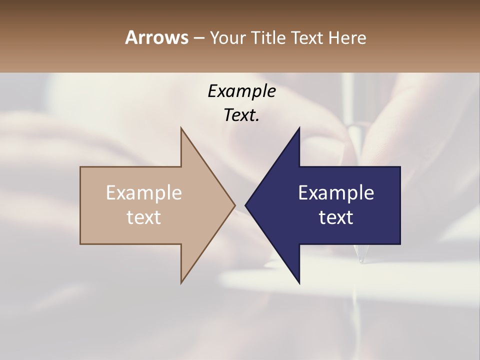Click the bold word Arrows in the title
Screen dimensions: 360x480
[156, 37]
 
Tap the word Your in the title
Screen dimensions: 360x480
[226, 38]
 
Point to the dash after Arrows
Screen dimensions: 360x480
[198, 38]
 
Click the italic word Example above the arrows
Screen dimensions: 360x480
[241, 91]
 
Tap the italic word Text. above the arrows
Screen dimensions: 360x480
[241, 115]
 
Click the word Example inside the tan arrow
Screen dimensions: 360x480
[144, 193]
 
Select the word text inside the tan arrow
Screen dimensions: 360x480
[144, 217]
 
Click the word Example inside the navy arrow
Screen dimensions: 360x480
[336, 193]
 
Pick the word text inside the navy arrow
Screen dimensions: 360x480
[336, 217]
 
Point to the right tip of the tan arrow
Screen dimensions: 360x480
[234, 205]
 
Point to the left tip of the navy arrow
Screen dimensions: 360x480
[245, 205]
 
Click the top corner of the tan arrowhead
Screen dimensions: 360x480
[181, 128]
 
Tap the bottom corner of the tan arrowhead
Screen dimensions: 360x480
[181, 282]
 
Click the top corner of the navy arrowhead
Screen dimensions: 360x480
[299, 128]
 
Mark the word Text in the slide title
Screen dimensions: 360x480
[307, 38]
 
